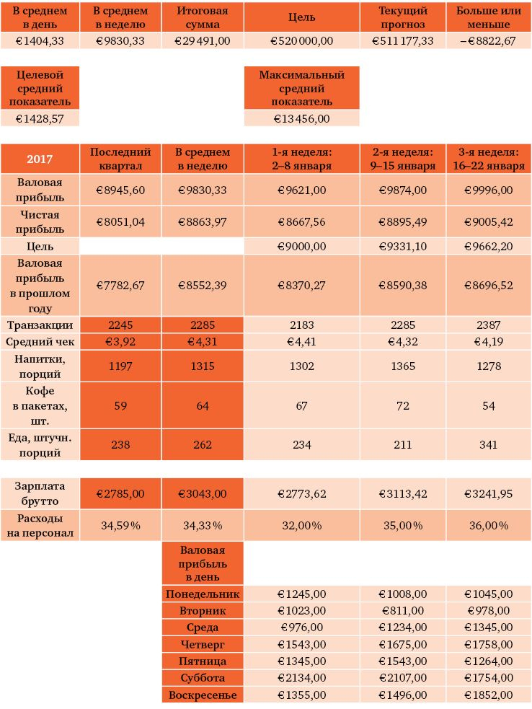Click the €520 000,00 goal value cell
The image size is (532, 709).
tap(301, 41)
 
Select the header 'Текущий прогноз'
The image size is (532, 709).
tap(403, 18)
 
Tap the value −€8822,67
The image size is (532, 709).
tap(489, 41)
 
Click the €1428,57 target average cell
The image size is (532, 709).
tap(40, 118)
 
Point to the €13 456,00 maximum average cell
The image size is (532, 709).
tap(301, 118)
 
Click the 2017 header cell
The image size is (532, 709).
tap(40, 159)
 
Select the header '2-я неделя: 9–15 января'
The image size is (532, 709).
tap(403, 159)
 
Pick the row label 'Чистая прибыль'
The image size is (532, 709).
tap(40, 222)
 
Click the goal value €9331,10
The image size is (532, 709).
tap(403, 247)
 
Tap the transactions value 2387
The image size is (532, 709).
tap(489, 325)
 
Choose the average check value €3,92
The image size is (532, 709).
tap(120, 342)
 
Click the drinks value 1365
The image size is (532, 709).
tap(403, 366)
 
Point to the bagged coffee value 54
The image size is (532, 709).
tap(489, 406)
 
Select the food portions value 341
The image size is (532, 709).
tap(489, 445)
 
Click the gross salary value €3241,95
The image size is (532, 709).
tap(489, 494)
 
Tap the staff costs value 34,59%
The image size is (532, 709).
tap(120, 526)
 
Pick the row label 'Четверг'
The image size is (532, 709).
tap(203, 645)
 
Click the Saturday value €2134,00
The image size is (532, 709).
tap(301, 678)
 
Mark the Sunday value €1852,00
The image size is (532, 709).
tap(489, 695)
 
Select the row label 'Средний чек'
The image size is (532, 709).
tap(40, 342)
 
